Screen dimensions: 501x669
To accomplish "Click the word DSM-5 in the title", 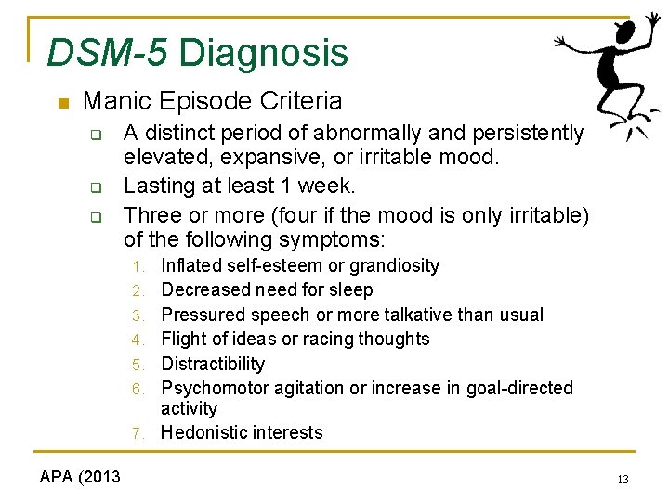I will tap(107, 53).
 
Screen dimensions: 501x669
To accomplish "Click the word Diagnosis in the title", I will tap(263, 53).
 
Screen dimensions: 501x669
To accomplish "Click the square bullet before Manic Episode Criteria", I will tap(61, 102).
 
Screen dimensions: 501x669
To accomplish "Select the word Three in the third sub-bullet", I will tap(151, 214).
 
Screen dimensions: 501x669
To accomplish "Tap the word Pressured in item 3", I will tap(204, 315).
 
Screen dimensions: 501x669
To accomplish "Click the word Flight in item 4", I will tap(183, 340).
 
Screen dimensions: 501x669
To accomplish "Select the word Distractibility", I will tap(213, 365).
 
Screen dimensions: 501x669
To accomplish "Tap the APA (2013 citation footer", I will tap(80, 477).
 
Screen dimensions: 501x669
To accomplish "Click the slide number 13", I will tap(623, 479).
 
